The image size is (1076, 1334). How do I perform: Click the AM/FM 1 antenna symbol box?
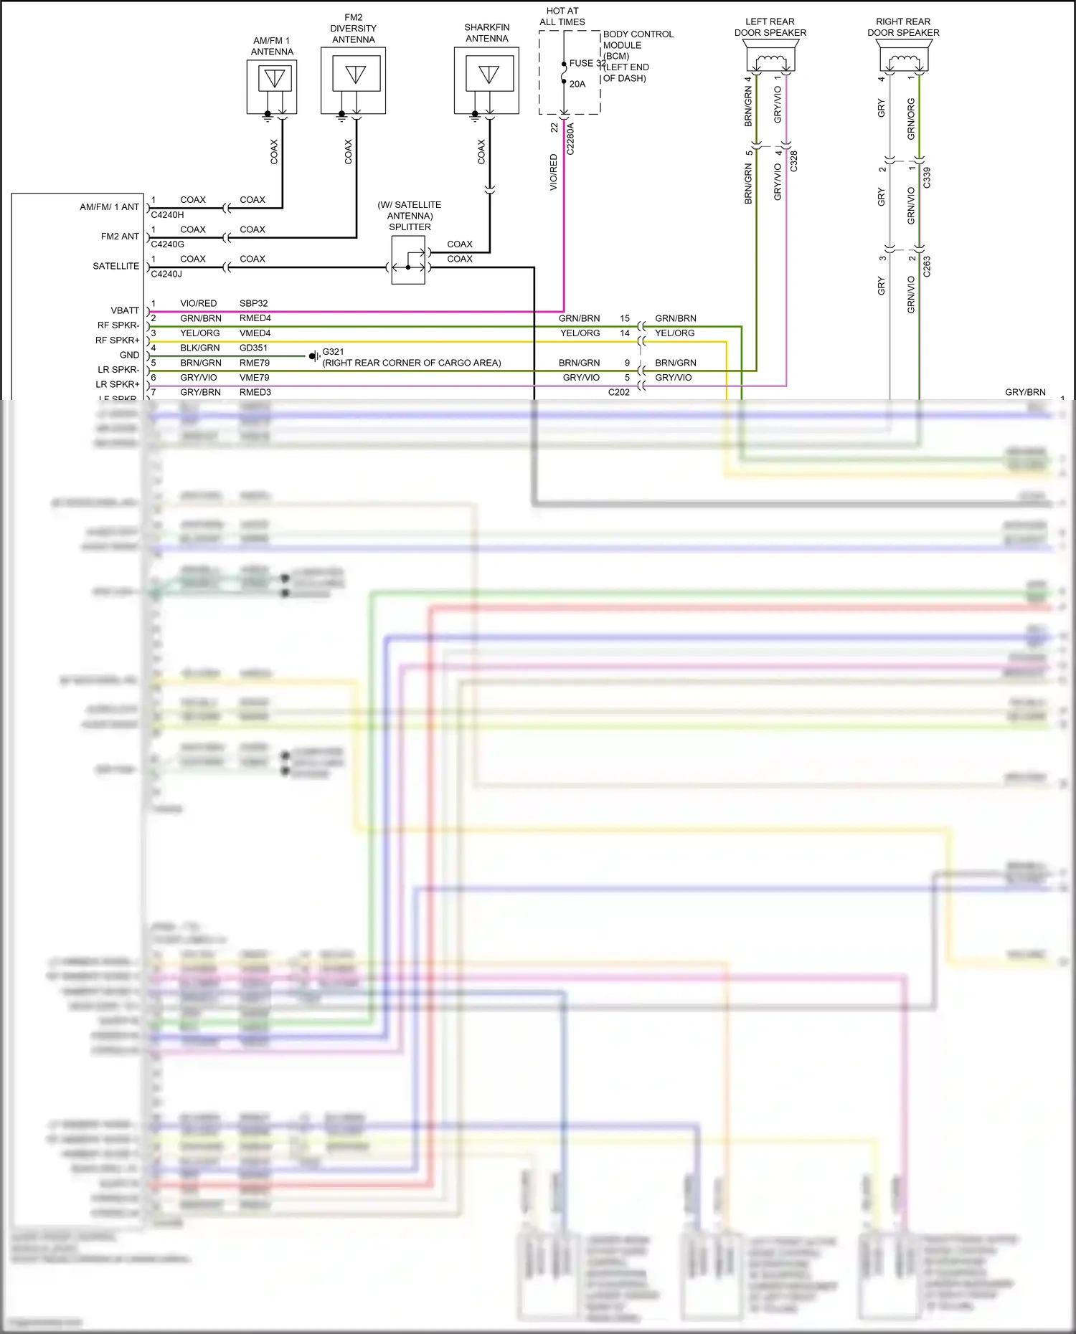[x=272, y=86]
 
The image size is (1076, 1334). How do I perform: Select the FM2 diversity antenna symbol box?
[x=353, y=80]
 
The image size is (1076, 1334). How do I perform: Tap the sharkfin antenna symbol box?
[x=487, y=80]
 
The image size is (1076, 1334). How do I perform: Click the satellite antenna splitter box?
[x=407, y=260]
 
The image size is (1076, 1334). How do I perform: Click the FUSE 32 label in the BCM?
[x=587, y=63]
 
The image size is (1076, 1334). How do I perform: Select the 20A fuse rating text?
[x=577, y=84]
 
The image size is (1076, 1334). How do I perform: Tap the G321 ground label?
[x=333, y=352]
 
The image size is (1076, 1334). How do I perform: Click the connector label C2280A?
[x=571, y=138]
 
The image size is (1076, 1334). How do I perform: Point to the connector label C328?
[x=793, y=161]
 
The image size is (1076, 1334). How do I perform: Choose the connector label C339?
[x=927, y=177]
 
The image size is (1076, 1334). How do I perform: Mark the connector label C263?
[x=927, y=266]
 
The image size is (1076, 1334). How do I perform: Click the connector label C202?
[x=618, y=392]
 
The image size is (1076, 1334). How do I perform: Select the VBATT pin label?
[x=125, y=310]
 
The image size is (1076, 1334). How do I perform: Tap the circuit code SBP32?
[x=253, y=303]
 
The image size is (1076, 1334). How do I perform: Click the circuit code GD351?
[x=253, y=348]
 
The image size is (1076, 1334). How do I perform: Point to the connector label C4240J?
[x=166, y=274]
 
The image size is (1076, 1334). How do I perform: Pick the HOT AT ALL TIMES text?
[x=562, y=16]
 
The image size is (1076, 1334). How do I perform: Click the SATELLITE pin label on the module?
[x=115, y=266]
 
